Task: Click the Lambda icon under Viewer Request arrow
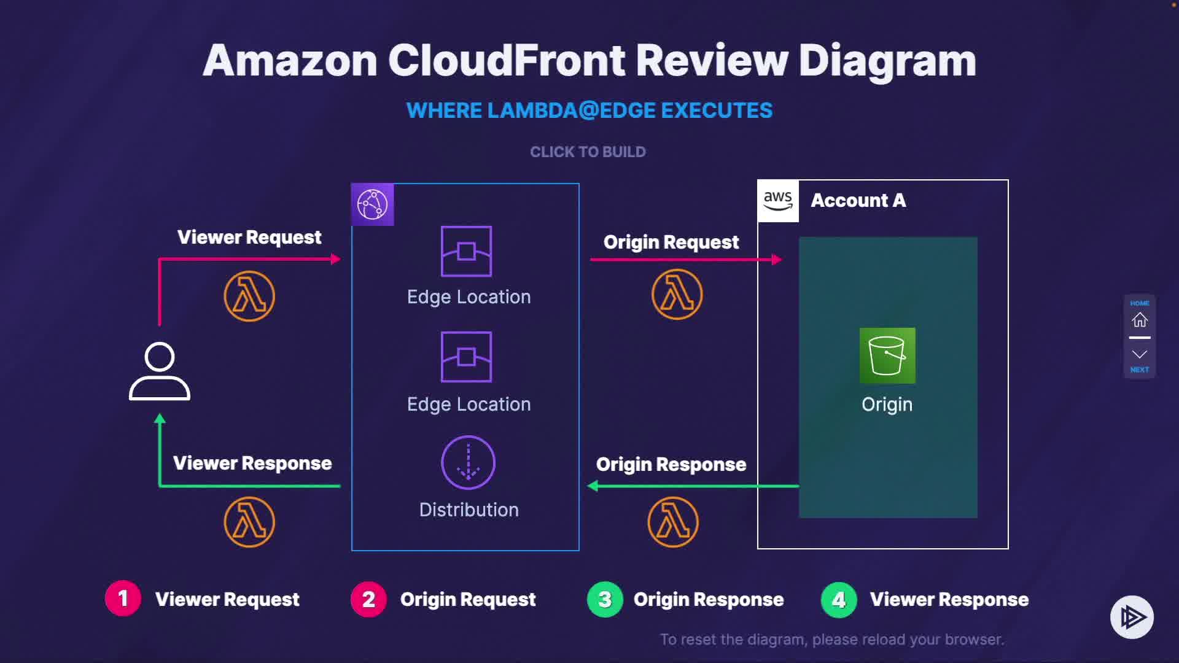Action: pos(249,297)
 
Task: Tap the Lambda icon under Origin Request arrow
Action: pos(677,295)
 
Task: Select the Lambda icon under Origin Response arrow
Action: pos(673,522)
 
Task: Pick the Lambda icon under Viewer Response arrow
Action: pos(249,522)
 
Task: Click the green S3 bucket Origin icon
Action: pos(887,355)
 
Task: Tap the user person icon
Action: pos(160,371)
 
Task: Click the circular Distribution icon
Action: pos(469,462)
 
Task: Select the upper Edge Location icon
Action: pos(466,252)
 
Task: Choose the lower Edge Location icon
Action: pos(466,357)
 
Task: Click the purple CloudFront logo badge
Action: pos(373,204)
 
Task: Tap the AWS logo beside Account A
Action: pos(778,201)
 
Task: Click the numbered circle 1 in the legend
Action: pos(123,599)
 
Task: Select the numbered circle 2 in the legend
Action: pos(368,599)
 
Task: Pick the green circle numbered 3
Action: pos(605,599)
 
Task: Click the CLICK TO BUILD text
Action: pos(588,152)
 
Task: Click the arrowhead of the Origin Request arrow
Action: pos(777,260)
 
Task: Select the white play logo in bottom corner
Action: pos(1132,617)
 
